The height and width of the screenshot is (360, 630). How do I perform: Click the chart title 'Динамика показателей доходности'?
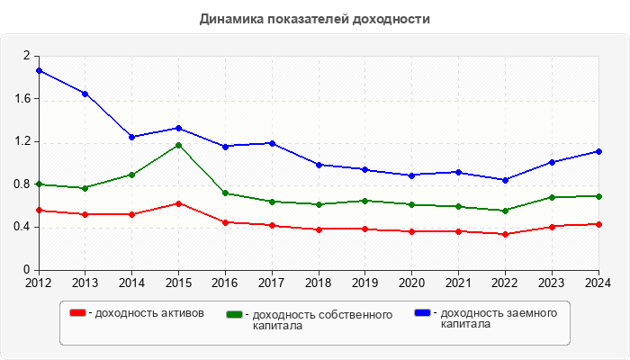click(315, 19)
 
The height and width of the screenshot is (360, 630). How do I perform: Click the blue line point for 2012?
click(39, 70)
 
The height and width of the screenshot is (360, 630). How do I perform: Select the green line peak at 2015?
click(178, 145)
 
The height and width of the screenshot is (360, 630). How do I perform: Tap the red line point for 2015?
click(178, 203)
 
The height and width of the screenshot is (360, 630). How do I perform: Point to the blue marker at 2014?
click(132, 137)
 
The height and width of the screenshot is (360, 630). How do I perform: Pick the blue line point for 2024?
click(598, 151)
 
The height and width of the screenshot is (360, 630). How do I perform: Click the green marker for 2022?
click(505, 211)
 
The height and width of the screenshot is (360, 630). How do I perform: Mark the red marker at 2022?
click(505, 234)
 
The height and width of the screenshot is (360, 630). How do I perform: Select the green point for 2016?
click(225, 193)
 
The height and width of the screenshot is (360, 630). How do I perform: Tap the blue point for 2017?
click(272, 143)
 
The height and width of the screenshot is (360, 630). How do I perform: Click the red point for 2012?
click(39, 211)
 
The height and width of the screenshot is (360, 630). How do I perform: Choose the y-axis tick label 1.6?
click(22, 98)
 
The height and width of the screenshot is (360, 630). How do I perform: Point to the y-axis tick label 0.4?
click(22, 227)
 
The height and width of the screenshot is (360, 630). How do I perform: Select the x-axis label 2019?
click(365, 283)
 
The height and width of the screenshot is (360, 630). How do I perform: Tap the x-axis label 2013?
click(85, 283)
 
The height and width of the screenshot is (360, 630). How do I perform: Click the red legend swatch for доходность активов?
click(78, 313)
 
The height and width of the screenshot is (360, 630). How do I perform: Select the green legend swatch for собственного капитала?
click(236, 315)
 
